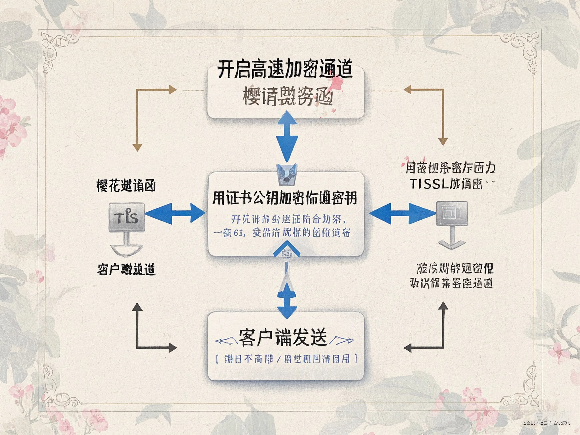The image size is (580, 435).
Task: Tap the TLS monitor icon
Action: point(127,217)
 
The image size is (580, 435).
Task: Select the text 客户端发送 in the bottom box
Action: point(283,337)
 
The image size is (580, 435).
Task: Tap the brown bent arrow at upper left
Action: point(150,110)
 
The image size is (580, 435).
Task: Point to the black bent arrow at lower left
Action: point(150,333)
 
